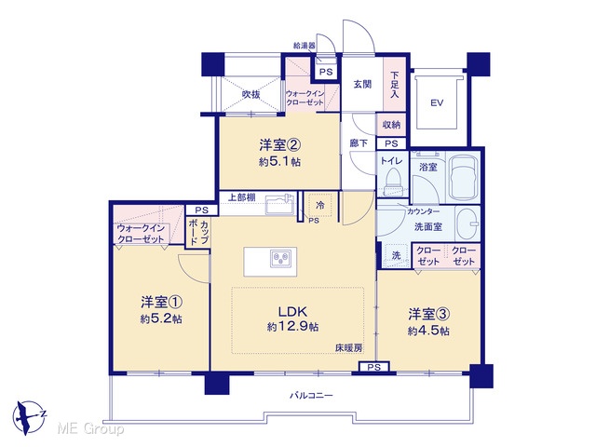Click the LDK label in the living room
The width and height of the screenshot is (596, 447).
(x=292, y=312)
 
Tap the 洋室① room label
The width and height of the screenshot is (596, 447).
(x=161, y=303)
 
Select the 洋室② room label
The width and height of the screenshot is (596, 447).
(x=280, y=145)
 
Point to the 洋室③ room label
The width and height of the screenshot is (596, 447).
(x=429, y=315)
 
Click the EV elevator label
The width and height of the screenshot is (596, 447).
(x=437, y=102)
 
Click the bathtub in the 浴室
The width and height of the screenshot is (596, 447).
(x=463, y=177)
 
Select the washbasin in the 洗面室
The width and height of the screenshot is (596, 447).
(x=467, y=223)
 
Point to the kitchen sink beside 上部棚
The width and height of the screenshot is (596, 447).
(x=279, y=205)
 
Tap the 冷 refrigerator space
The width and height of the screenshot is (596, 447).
(x=320, y=205)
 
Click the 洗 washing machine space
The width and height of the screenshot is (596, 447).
(x=396, y=255)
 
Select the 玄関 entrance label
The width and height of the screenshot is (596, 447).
(x=362, y=85)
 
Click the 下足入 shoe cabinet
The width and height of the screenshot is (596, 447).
(x=395, y=84)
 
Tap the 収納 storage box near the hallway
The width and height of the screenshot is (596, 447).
(x=391, y=124)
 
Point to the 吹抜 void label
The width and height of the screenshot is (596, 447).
(x=251, y=94)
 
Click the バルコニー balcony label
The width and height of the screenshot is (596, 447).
(x=311, y=396)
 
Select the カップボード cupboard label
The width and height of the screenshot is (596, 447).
(x=198, y=232)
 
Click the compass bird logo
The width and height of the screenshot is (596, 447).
(x=27, y=416)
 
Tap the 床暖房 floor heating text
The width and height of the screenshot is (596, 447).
(x=349, y=347)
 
